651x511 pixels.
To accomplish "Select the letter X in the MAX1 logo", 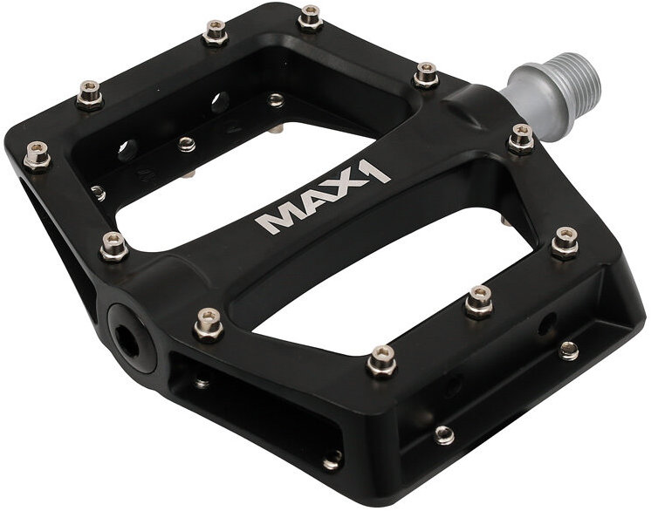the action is pos(346,187).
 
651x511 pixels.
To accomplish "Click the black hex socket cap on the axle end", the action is pos(131,335).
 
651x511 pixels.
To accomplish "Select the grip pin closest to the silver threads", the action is pos(521,139).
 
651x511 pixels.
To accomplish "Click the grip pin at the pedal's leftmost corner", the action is pos(38,156).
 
